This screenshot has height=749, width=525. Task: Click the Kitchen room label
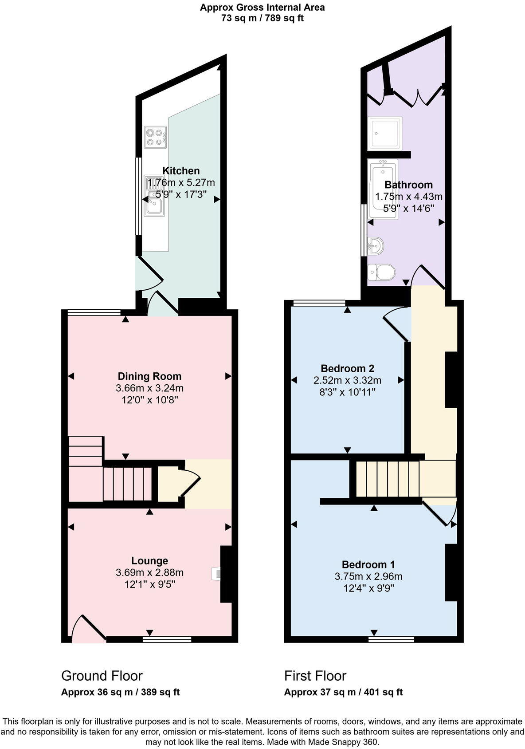(181, 171)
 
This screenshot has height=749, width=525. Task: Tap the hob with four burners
(155, 137)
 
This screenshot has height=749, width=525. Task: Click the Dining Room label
(149, 376)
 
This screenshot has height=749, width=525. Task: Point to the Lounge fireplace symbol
(216, 574)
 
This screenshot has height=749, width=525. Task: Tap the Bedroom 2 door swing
(396, 324)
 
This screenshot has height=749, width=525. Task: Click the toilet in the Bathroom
(382, 272)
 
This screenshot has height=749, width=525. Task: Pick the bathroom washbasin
(376, 245)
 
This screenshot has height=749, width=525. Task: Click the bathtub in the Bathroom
(383, 191)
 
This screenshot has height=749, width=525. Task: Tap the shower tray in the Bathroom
(385, 133)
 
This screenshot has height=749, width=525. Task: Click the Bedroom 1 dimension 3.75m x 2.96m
(368, 577)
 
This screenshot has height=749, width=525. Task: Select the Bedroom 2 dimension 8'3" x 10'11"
(347, 392)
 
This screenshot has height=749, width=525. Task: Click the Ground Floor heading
(102, 676)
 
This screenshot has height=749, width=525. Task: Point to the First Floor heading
(315, 676)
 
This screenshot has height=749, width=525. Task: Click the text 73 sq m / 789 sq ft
(262, 18)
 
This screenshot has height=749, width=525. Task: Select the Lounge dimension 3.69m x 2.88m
(149, 573)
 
